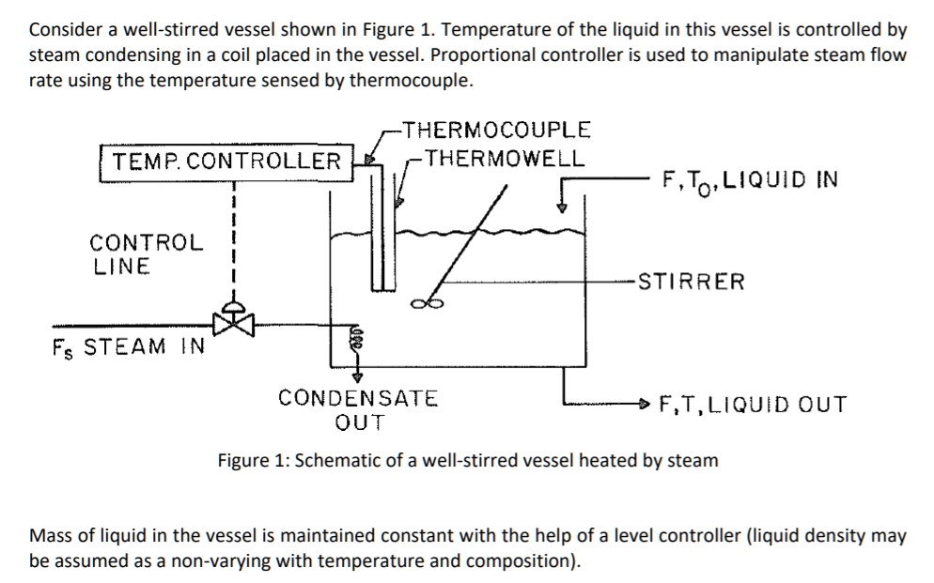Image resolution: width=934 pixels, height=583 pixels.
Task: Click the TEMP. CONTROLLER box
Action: pos(226,161)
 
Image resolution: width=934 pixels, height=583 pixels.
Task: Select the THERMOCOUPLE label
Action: pos(494,130)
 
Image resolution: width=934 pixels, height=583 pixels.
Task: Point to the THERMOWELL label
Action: pos(504,157)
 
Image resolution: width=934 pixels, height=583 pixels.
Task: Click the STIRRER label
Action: pos(691,281)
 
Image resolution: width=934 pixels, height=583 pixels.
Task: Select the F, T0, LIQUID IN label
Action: pos(750,180)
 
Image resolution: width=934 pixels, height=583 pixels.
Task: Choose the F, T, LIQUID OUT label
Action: pos(753,405)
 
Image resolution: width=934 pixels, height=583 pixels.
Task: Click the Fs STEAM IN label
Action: pos(128,346)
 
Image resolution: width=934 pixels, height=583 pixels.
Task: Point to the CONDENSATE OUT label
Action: pos(358,409)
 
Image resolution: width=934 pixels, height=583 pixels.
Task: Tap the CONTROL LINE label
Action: pos(146,254)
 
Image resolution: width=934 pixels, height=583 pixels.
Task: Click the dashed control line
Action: pos(232,244)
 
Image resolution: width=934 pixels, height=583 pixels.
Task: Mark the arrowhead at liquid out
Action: pos(643,405)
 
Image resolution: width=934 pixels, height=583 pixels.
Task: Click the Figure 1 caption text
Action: pos(467,461)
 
